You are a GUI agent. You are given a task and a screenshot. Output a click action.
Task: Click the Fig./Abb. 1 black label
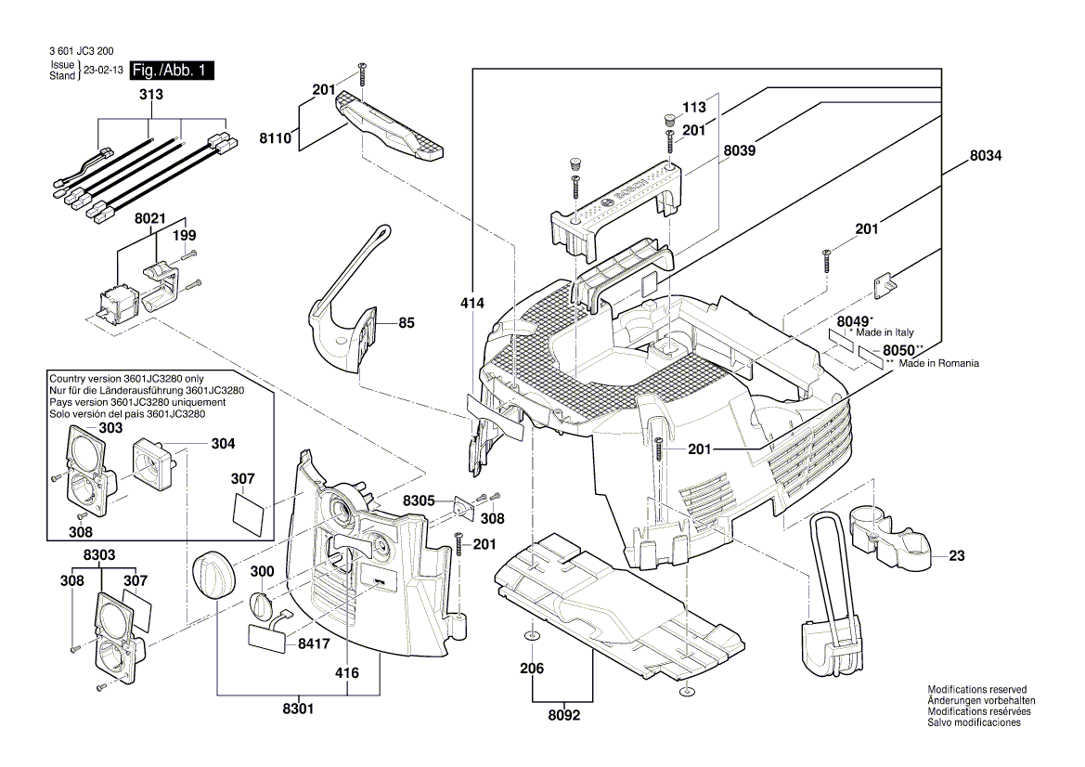pyautogui.click(x=172, y=71)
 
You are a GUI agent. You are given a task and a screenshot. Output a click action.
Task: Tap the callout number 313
pyautogui.click(x=149, y=95)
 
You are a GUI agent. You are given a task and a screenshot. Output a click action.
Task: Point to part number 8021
pyautogui.click(x=149, y=219)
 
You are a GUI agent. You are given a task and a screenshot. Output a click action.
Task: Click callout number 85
pyautogui.click(x=407, y=323)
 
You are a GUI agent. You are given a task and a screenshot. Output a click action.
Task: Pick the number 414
pyautogui.click(x=472, y=303)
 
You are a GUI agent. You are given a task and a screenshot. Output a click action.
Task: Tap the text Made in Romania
pyautogui.click(x=938, y=364)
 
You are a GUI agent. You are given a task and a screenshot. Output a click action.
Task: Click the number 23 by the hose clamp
pyautogui.click(x=957, y=556)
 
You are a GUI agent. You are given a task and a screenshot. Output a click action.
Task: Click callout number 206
pyautogui.click(x=531, y=669)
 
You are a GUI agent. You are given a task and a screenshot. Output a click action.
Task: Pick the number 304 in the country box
pyautogui.click(x=223, y=444)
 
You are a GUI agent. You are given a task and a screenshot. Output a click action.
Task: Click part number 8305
pyautogui.click(x=420, y=500)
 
